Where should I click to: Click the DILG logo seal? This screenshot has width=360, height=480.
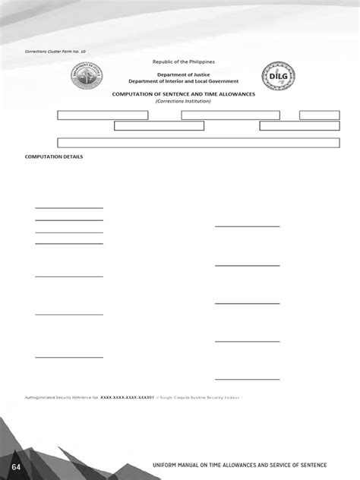coord(278,75)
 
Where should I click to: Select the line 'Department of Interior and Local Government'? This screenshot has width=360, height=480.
coord(183,81)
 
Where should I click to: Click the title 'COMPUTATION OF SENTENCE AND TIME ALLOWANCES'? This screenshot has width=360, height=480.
coord(183,94)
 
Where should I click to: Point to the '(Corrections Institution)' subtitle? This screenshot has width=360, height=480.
coord(183,101)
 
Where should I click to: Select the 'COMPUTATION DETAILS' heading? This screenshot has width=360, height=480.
coord(54,157)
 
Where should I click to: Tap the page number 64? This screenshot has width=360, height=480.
coord(17,463)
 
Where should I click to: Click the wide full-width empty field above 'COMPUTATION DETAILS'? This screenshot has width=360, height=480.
coord(198,143)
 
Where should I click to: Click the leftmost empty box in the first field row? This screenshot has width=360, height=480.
coord(103,115)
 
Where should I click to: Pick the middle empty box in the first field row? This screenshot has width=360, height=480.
coord(230,115)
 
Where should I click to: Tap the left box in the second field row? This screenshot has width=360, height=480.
coord(159,126)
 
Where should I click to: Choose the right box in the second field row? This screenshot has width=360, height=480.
coord(298,126)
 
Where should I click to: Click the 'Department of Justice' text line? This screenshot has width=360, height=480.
coord(184,74)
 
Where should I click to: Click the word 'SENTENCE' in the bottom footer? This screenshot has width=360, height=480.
coord(325,463)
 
